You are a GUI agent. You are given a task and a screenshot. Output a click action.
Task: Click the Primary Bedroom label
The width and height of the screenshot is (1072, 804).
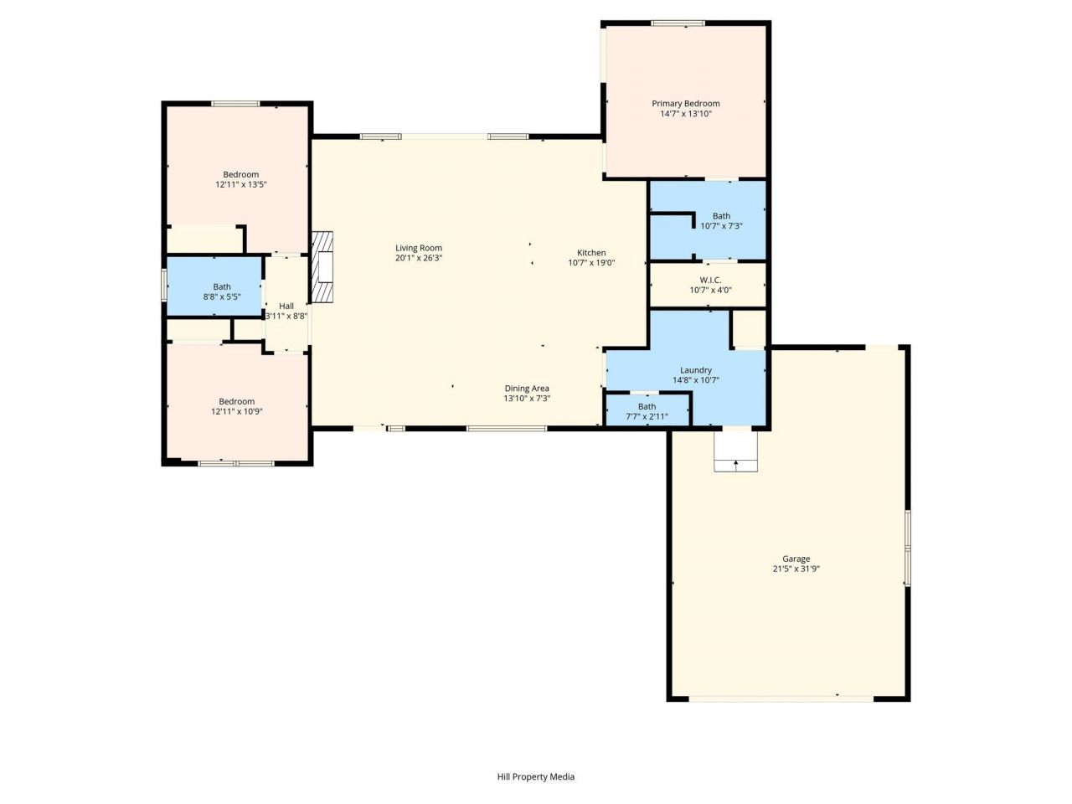point(685,104)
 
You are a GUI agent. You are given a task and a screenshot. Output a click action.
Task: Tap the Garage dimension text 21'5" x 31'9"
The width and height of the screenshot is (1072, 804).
point(796,569)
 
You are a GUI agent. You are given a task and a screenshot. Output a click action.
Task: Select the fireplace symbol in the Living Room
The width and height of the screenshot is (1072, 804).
point(322,267)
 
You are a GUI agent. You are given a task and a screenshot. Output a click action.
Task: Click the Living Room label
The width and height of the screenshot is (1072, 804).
point(419,248)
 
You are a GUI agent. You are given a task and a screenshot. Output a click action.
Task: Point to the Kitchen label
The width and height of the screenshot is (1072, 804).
point(591,253)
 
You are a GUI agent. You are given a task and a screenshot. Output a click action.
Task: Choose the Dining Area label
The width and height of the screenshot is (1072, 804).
point(527,389)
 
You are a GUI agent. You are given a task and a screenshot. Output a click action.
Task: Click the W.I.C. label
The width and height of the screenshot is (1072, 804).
point(710,281)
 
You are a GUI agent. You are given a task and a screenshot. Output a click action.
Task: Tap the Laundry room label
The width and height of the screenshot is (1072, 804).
point(696,370)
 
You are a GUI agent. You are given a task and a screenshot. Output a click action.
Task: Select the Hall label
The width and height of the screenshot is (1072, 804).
point(286,307)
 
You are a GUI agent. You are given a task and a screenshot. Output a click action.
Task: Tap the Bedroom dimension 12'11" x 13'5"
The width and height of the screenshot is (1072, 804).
point(240,184)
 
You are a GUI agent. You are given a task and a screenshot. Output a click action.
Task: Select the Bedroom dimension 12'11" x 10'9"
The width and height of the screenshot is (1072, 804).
point(237,411)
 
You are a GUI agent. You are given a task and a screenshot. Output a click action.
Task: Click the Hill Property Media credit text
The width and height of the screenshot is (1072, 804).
point(536,777)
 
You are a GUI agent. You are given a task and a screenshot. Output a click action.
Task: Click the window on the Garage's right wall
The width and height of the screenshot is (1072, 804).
point(907,549)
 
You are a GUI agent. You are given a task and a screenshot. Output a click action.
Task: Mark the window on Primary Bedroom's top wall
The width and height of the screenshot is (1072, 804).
point(678,23)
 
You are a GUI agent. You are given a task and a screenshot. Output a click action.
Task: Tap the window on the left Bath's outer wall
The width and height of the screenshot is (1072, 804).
point(164,286)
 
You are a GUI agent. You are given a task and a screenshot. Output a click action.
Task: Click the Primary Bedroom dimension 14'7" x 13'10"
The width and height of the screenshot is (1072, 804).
point(685,114)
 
